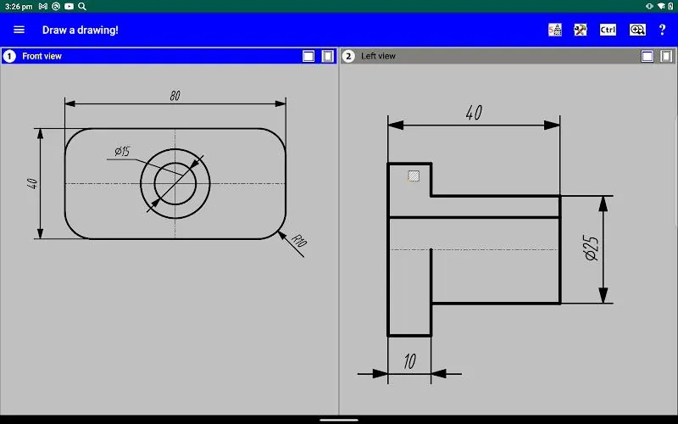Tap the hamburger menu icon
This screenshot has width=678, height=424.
tap(19, 30)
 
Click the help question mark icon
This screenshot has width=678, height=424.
tap(662, 30)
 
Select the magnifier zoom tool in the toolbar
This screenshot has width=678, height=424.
tap(637, 30)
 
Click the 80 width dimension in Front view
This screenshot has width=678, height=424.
tap(175, 96)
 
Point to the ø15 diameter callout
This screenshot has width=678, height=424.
tap(122, 152)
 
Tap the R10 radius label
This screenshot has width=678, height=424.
tap(299, 240)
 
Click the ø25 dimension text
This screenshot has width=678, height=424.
tap(592, 248)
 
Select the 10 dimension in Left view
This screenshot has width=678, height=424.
tap(410, 361)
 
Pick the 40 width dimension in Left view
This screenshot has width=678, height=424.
tap(474, 113)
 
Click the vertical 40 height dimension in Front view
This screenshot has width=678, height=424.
tap(32, 183)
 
